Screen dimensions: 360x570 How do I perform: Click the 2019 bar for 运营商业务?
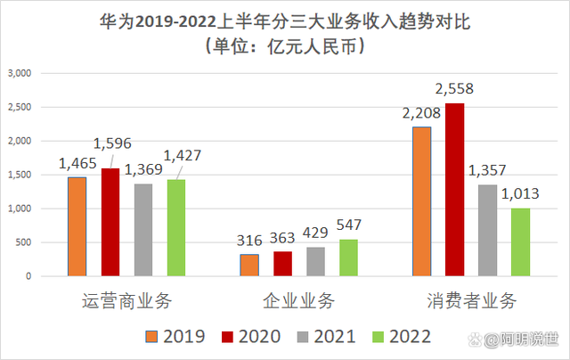click(77, 226)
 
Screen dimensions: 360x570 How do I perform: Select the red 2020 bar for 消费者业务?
click(454, 190)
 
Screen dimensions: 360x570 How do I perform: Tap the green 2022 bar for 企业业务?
click(348, 258)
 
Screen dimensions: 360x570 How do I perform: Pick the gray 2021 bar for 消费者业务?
click(487, 230)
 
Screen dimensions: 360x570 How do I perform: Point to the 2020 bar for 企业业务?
click(282, 264)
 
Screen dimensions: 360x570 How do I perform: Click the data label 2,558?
click(454, 89)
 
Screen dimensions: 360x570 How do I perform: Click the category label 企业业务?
click(299, 300)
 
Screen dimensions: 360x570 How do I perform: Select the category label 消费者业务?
click(471, 300)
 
